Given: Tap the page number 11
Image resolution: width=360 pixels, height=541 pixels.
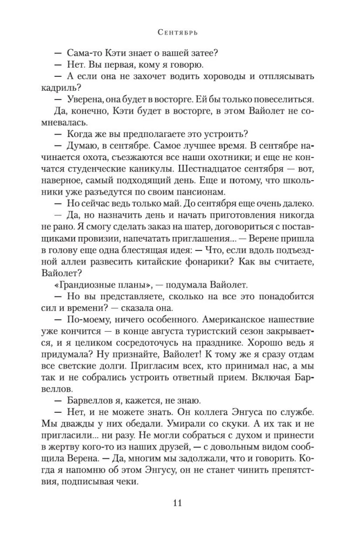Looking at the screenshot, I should tap(178, 504).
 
